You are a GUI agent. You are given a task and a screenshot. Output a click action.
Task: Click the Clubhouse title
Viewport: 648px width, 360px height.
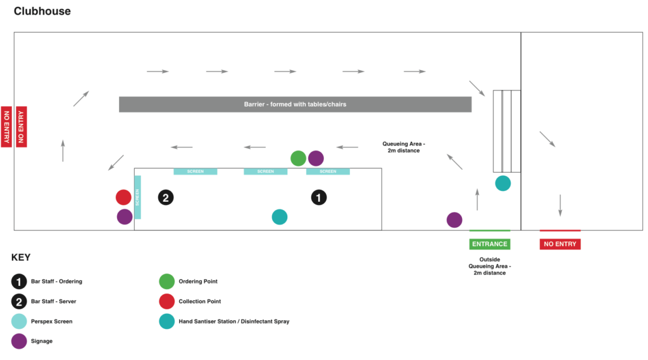(x=42, y=11)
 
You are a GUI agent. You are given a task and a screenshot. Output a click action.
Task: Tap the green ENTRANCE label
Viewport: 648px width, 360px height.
(x=490, y=244)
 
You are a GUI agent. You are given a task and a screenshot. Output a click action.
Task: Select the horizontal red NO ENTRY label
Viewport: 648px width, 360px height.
(x=560, y=244)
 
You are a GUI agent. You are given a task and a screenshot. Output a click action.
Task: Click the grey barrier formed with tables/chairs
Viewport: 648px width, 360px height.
(x=295, y=104)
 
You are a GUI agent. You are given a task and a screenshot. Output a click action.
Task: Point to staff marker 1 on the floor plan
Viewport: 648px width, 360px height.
(x=319, y=197)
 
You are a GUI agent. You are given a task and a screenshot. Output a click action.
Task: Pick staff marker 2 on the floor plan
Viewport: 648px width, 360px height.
(x=166, y=197)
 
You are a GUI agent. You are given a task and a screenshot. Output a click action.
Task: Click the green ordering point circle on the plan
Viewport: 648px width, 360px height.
(x=298, y=158)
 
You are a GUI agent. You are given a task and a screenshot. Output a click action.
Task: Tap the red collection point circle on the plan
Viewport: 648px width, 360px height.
(x=123, y=197)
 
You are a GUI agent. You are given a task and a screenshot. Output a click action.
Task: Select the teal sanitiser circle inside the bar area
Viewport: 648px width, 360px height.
(x=280, y=217)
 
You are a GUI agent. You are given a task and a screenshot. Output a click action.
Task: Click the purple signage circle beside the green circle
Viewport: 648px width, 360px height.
(x=316, y=158)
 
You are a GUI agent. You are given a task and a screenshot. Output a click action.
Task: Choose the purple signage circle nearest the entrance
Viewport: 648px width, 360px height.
(x=454, y=220)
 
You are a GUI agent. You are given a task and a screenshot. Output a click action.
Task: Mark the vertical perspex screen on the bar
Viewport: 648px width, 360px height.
(x=137, y=197)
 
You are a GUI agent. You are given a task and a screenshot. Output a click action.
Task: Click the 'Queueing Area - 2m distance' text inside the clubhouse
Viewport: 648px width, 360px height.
(x=404, y=147)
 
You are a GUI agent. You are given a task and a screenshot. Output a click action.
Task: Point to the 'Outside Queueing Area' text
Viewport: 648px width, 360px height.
(x=490, y=266)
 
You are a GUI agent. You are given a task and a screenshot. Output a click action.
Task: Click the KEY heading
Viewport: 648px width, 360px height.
(x=21, y=258)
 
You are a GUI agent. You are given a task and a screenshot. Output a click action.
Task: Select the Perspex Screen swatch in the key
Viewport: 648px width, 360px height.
(x=19, y=321)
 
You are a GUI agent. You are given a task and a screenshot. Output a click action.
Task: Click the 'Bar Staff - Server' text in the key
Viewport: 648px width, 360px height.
(x=54, y=301)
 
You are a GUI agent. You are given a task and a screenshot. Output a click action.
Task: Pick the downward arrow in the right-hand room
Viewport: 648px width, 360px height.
(x=561, y=206)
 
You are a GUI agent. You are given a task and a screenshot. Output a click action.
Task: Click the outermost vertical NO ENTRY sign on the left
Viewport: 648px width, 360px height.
(x=6, y=127)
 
